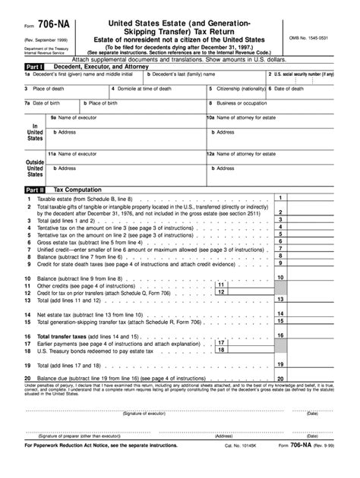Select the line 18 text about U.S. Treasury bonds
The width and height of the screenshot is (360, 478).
99,351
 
